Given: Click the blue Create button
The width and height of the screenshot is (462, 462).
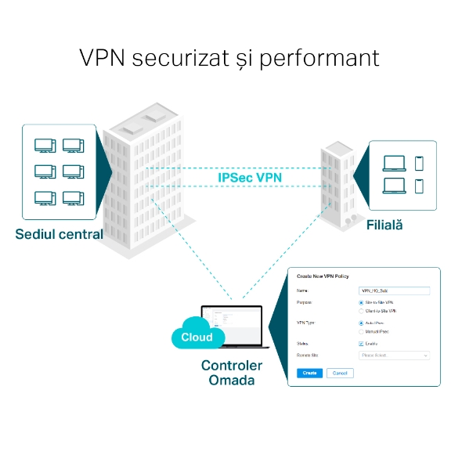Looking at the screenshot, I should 309,373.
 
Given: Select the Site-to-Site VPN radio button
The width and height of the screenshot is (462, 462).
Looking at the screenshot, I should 360,301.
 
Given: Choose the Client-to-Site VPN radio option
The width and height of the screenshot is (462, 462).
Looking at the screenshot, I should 360,311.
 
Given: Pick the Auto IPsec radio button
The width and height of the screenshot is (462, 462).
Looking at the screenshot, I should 360,322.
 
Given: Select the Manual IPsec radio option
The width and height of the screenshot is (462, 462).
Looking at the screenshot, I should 360,331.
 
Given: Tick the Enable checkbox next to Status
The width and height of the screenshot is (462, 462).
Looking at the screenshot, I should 361,343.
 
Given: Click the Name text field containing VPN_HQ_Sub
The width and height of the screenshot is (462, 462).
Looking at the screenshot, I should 394,290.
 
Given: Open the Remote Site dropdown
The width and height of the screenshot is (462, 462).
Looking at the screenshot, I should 394,355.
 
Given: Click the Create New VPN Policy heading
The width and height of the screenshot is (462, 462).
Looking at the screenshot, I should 323,276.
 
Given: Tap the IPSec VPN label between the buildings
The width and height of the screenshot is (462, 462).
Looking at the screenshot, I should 250,178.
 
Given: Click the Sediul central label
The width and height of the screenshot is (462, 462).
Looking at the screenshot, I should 59,233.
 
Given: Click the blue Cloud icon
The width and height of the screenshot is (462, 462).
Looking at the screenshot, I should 196,337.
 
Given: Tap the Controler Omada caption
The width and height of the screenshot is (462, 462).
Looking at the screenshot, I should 232,373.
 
